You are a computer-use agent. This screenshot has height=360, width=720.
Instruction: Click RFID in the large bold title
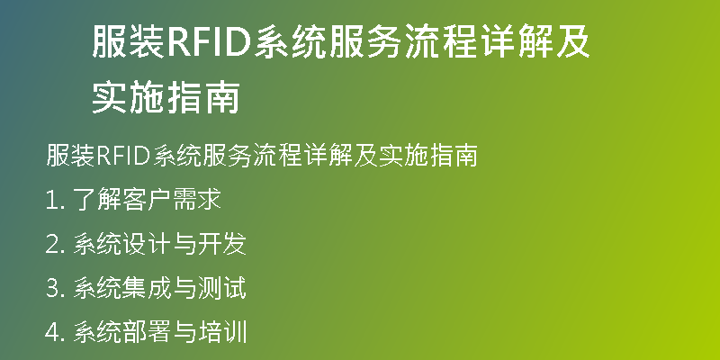pyautogui.click(x=209, y=42)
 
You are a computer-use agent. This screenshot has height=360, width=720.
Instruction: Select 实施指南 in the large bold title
pyautogui.click(x=166, y=98)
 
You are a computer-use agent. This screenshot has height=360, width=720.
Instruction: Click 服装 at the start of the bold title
pyautogui.click(x=129, y=42)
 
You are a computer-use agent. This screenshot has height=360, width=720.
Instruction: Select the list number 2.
pyautogui.click(x=52, y=245)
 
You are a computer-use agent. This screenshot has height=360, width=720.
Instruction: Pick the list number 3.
pyautogui.click(x=52, y=289)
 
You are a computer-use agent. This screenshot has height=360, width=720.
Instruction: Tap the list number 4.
pyautogui.click(x=52, y=333)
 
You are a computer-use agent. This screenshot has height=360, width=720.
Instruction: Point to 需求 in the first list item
pyautogui.click(x=197, y=200)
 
